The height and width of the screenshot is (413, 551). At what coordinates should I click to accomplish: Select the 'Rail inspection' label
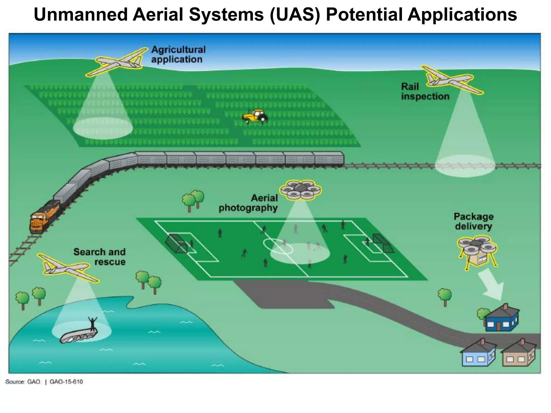pyautogui.click(x=425, y=92)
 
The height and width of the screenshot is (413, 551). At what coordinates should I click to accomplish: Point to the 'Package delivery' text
pyautogui.click(x=474, y=221)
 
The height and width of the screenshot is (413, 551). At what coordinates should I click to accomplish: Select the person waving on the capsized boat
pyautogui.click(x=93, y=323)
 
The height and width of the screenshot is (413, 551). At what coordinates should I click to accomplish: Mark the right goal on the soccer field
pyautogui.click(x=383, y=243)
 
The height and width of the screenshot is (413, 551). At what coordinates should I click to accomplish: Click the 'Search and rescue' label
pyautogui.click(x=100, y=257)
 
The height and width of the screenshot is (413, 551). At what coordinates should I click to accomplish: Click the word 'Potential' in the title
pyautogui.click(x=364, y=15)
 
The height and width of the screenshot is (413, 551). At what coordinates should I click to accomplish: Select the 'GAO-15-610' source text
pyautogui.click(x=66, y=382)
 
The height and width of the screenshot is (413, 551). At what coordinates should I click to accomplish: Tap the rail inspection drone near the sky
pyautogui.click(x=452, y=80)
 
